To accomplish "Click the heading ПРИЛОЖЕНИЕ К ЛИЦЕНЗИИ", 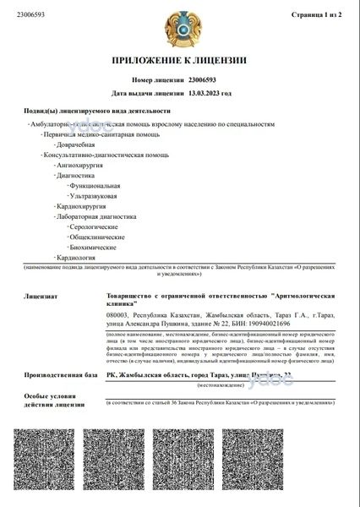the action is click(179, 61).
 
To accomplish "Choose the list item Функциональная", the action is click(95, 185).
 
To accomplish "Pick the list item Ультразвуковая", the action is click(94, 195).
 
